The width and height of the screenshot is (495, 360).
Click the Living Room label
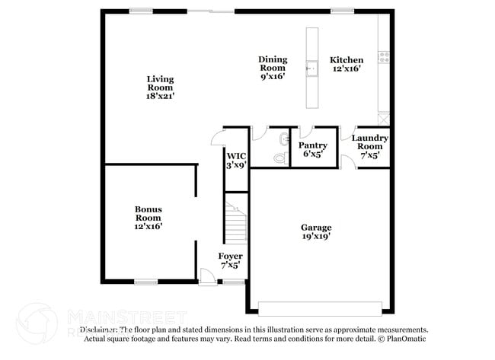[160, 88]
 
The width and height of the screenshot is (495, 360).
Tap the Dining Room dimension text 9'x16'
[272, 77]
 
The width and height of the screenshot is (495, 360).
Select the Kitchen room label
[346, 60]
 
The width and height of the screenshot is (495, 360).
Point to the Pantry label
[312, 145]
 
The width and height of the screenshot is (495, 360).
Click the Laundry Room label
[369, 142]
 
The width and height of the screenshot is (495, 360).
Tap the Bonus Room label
[148, 214]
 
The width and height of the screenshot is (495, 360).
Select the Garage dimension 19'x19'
[315, 237]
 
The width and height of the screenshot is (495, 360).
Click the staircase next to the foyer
[236, 217]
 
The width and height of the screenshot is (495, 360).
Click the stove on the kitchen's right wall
[385, 56]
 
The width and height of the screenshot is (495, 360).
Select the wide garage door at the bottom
[320, 308]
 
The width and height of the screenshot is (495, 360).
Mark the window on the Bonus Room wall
[145, 282]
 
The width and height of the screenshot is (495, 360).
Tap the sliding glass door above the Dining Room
[211, 11]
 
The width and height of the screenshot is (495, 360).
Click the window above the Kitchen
[341, 11]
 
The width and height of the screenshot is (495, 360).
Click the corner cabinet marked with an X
[384, 119]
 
